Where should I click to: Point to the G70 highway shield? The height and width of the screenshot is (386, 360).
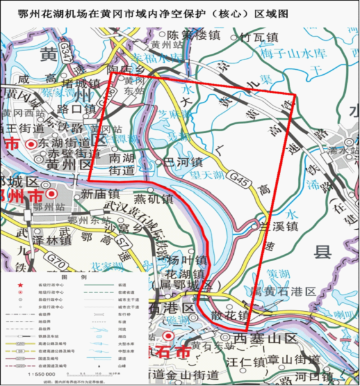click(58, 261)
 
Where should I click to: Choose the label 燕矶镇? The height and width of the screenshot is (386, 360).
click(154, 198)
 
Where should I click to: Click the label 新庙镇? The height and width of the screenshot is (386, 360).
click(101, 193)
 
